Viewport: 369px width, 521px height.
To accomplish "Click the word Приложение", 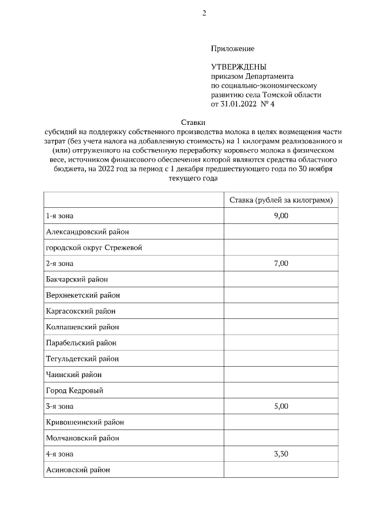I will point(233,49).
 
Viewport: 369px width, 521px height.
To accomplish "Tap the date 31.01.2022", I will point(240,104).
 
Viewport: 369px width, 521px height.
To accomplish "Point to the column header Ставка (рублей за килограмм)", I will point(280,200).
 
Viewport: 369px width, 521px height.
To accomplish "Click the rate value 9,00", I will point(280,216).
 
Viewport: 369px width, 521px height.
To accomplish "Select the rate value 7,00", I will point(280,263).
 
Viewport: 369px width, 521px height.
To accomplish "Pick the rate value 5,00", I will point(280,406).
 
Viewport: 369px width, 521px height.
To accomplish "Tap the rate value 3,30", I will point(280,454).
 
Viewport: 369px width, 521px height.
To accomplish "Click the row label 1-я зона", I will point(60,216).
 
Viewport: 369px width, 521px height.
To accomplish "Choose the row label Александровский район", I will point(87,232).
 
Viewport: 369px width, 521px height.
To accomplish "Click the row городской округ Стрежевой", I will point(93,248).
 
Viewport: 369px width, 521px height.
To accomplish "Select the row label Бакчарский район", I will point(77,279).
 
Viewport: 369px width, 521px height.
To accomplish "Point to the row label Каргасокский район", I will point(81,311).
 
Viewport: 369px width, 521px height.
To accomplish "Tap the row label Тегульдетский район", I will point(82,359).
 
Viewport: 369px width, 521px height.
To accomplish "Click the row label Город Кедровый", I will point(74,390).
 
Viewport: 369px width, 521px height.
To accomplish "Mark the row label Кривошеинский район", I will point(85,422).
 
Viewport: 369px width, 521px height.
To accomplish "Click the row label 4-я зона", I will point(60,454).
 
